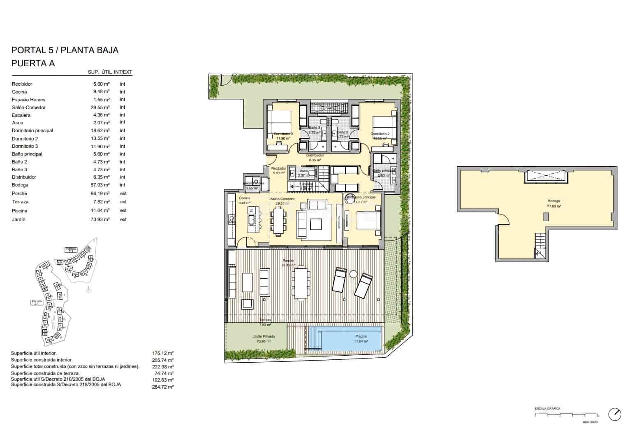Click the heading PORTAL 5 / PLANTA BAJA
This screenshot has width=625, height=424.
[65, 50]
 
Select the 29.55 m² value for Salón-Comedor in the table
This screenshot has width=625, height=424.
[101, 107]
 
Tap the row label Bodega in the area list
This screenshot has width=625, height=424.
[20, 185]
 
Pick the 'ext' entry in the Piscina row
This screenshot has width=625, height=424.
[123, 210]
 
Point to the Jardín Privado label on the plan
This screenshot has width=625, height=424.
[264, 336]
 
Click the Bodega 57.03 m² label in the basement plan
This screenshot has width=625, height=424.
[554, 203]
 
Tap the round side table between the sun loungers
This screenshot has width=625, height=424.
[353, 274]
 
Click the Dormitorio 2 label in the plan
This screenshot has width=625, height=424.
[380, 134]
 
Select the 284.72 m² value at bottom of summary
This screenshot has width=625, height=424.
[162, 387]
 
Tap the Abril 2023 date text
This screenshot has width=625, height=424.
[590, 422]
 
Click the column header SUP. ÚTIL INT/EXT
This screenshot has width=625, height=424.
[110, 72]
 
